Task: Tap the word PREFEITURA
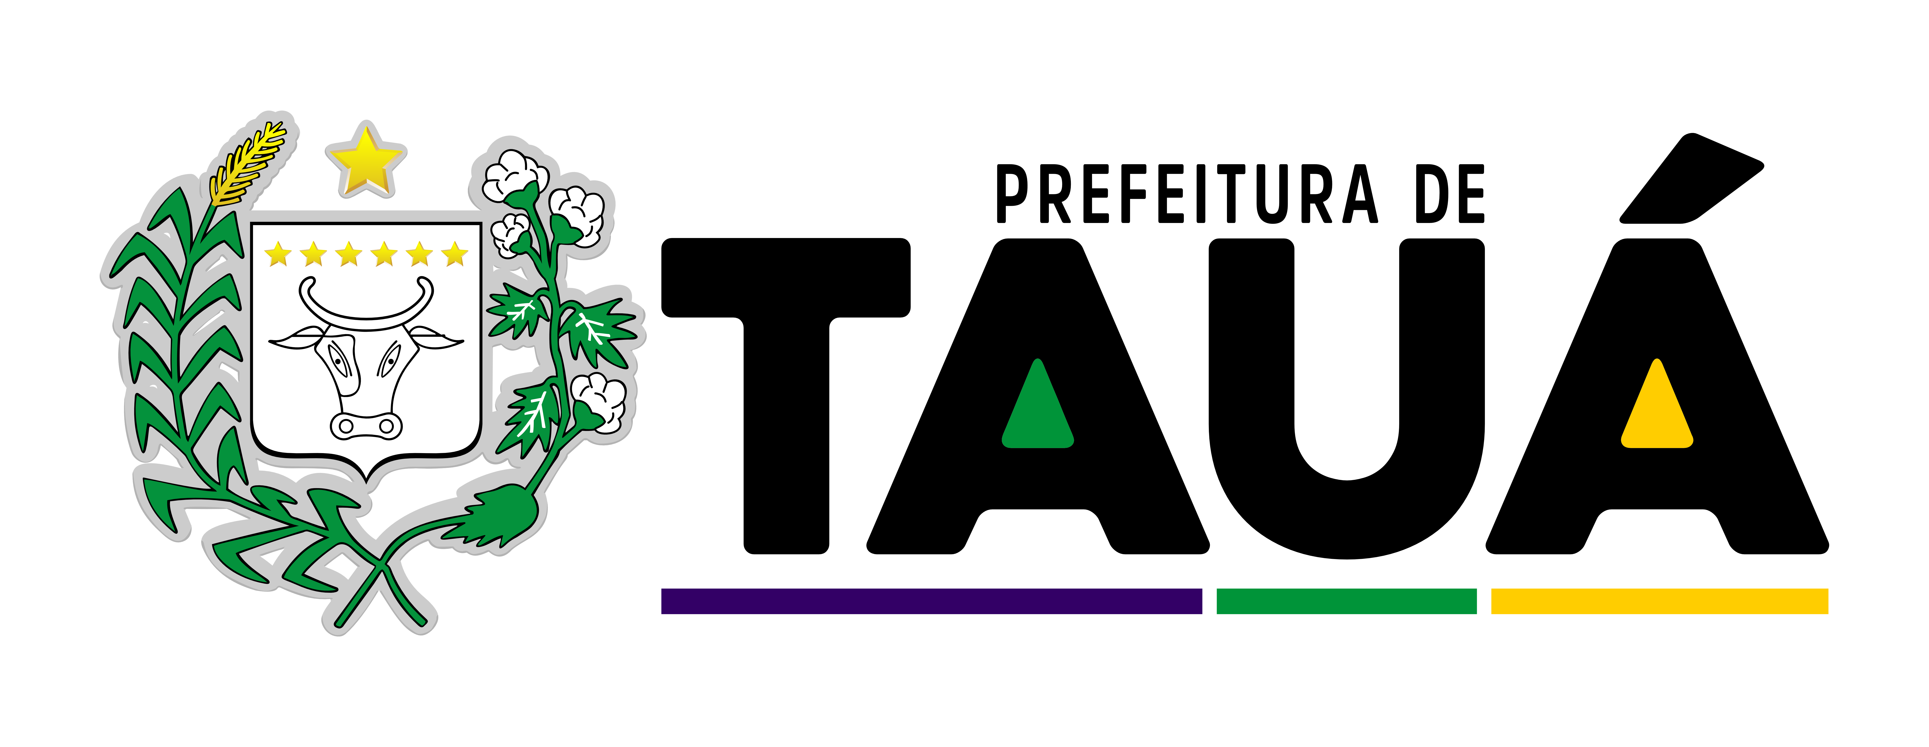click(x=1187, y=194)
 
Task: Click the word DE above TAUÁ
click(x=1450, y=194)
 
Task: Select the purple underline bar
click(x=932, y=601)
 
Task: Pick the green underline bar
click(x=1346, y=601)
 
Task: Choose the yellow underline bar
click(x=1659, y=601)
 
